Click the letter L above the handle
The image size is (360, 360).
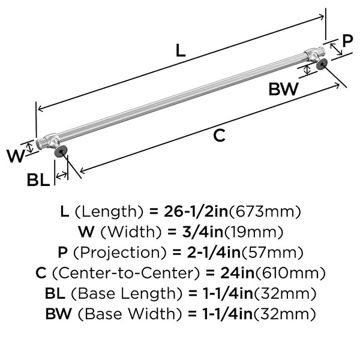click(x=181, y=50)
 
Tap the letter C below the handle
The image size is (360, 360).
click(x=219, y=136)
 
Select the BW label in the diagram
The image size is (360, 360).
click(x=284, y=89)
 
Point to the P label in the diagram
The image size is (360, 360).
click(x=347, y=41)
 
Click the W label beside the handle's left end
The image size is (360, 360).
click(x=16, y=156)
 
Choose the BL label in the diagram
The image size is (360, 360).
click(x=38, y=179)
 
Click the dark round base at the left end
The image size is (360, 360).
click(x=61, y=152)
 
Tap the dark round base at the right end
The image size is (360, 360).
click(x=322, y=64)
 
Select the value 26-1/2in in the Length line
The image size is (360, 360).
click(x=196, y=211)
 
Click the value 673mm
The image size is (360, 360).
click(x=265, y=211)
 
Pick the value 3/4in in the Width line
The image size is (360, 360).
click(x=203, y=232)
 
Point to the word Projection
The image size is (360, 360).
click(x=119, y=253)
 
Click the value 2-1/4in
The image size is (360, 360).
click(x=214, y=253)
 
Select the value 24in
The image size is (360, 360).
click(x=238, y=273)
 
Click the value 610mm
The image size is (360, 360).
click(x=290, y=273)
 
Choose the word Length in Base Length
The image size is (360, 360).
click(x=151, y=293)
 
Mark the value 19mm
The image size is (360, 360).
click(x=253, y=232)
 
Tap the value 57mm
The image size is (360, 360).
click(x=272, y=253)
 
